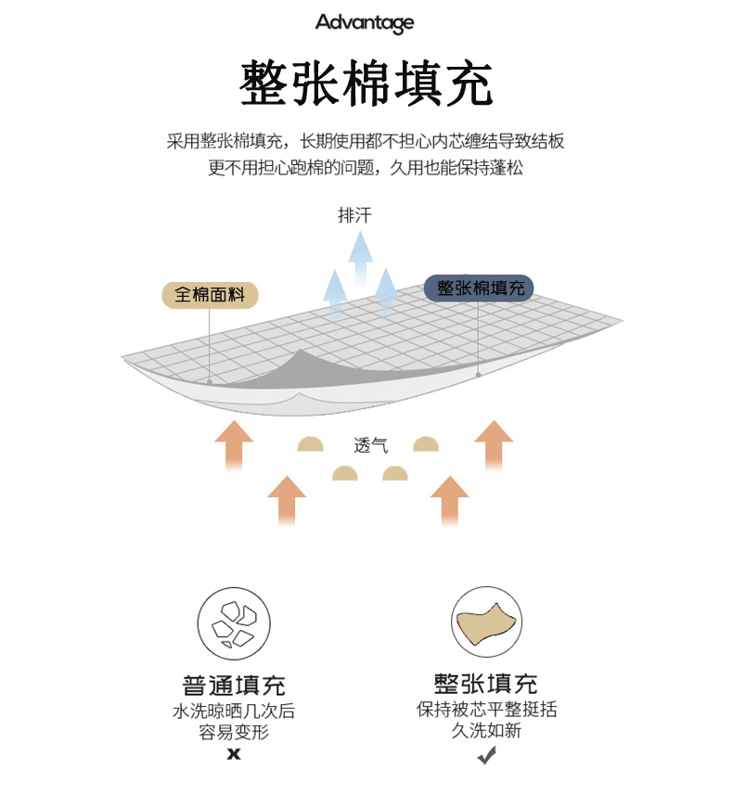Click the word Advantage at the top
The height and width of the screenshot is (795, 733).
coord(365,22)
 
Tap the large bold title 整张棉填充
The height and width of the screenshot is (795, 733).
coord(366,83)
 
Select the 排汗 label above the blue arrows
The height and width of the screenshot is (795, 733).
coord(355,216)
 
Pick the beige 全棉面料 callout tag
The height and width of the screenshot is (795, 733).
coord(210,295)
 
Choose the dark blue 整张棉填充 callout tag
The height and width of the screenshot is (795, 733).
coord(480,289)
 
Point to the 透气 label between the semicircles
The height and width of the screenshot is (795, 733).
coord(370,445)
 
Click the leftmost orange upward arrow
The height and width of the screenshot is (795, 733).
coord(234,445)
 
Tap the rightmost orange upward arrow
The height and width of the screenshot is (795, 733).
coord(494,445)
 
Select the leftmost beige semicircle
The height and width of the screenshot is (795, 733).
coord(311,444)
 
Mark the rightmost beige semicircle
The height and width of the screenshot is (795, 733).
coord(426,444)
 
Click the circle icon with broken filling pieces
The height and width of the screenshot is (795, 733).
coord(233,622)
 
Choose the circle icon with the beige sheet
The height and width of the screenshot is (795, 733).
coord(486,622)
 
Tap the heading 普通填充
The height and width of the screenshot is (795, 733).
coord(234,686)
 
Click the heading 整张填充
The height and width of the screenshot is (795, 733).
coord(486,685)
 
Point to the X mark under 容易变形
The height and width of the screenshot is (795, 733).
coord(234,754)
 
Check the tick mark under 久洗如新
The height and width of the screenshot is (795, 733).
coord(486,757)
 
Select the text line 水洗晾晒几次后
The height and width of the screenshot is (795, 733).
coord(234,712)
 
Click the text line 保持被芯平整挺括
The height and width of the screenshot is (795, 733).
coord(486,710)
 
